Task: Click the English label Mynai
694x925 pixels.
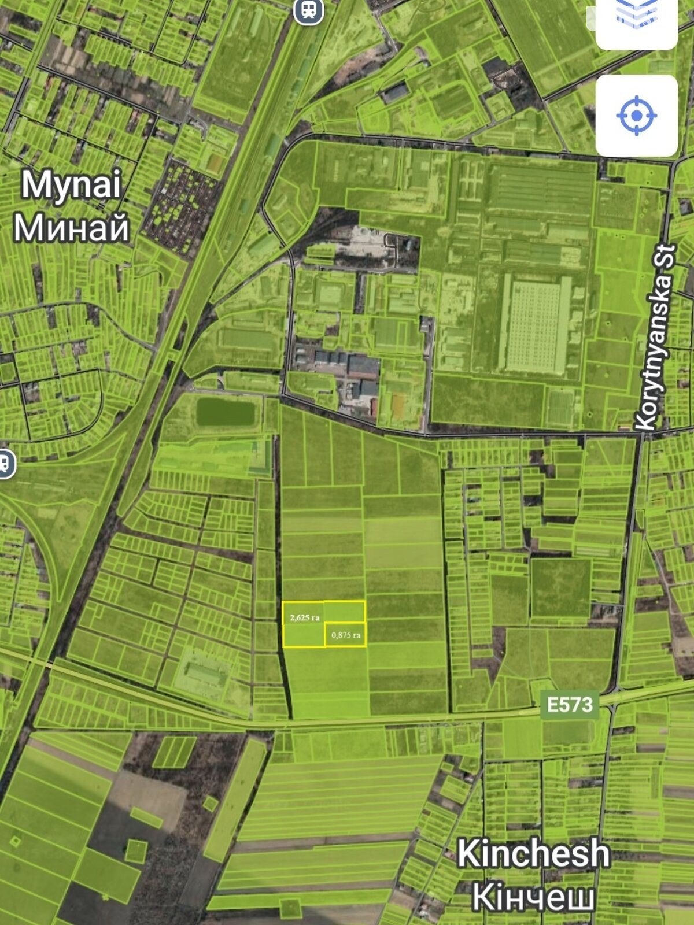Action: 71,185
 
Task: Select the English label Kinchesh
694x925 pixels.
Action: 533,854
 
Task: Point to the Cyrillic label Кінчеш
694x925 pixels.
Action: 533,897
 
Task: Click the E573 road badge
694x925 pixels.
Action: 570,705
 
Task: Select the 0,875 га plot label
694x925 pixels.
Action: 346,635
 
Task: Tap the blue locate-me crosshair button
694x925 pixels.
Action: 636,116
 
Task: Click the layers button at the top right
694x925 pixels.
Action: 636,17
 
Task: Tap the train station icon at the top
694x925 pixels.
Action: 308,10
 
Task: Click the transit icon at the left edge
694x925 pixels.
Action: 5,463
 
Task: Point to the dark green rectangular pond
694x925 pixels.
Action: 226,412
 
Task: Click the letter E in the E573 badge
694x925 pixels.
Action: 552,705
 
